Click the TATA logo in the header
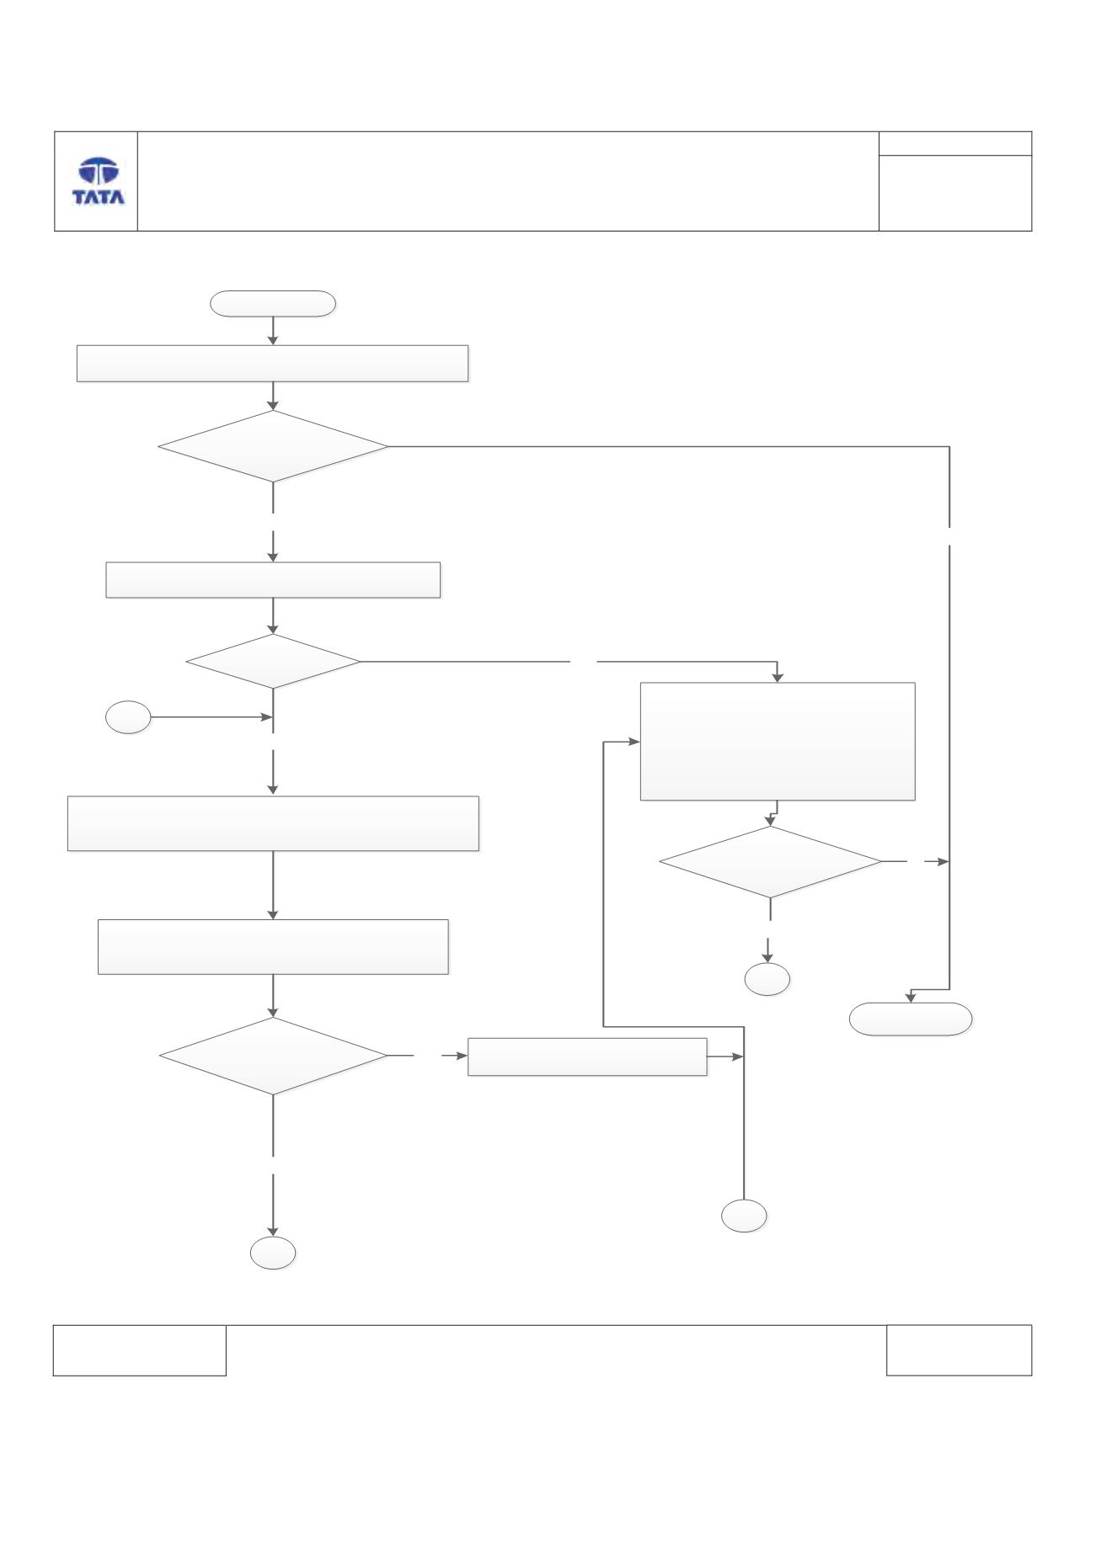coord(99,182)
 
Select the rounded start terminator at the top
coord(273,303)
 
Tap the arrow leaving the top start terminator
coord(273,331)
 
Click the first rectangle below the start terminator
coord(272,364)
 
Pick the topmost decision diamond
coord(273,446)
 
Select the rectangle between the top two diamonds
coord(273,580)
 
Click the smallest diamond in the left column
coord(273,662)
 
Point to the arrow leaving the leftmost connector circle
coord(211,718)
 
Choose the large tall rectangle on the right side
coord(778,741)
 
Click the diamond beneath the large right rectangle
coord(770,862)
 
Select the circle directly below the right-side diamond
coord(767,979)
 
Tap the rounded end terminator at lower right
coord(911,1019)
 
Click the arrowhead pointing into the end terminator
coord(911,998)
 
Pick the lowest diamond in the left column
coord(273,1056)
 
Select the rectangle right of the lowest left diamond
coord(587,1057)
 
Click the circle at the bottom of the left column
coord(273,1253)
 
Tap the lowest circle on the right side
coord(745,1216)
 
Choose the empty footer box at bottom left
coord(140,1350)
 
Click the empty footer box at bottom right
coord(959,1350)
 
